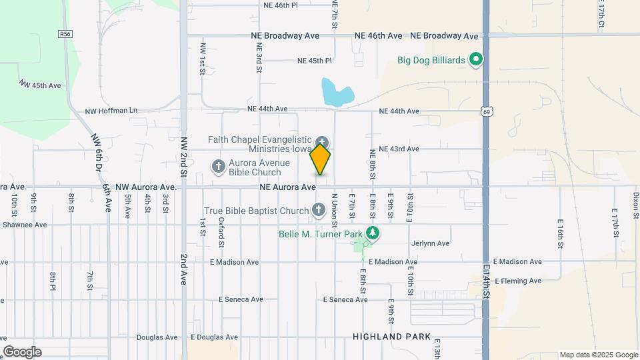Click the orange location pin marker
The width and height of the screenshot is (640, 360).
tap(321, 160)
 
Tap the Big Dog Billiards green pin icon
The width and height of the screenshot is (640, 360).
tap(475, 60)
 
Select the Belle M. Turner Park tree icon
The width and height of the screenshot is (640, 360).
tap(373, 233)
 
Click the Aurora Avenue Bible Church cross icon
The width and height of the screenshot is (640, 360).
tap(219, 167)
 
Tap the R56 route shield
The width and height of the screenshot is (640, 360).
tap(65, 34)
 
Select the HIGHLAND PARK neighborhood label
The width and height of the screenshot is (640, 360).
tap(392, 337)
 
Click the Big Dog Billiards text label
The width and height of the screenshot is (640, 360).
tap(431, 60)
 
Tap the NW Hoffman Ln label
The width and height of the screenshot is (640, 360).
tap(111, 111)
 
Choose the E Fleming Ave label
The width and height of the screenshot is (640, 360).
tap(518, 281)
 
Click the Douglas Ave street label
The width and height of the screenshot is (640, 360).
tap(157, 337)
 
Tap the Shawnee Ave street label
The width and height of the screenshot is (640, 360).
tap(23, 225)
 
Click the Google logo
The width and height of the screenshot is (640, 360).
tap(22, 352)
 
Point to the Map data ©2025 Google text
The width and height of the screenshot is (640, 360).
tap(599, 355)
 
